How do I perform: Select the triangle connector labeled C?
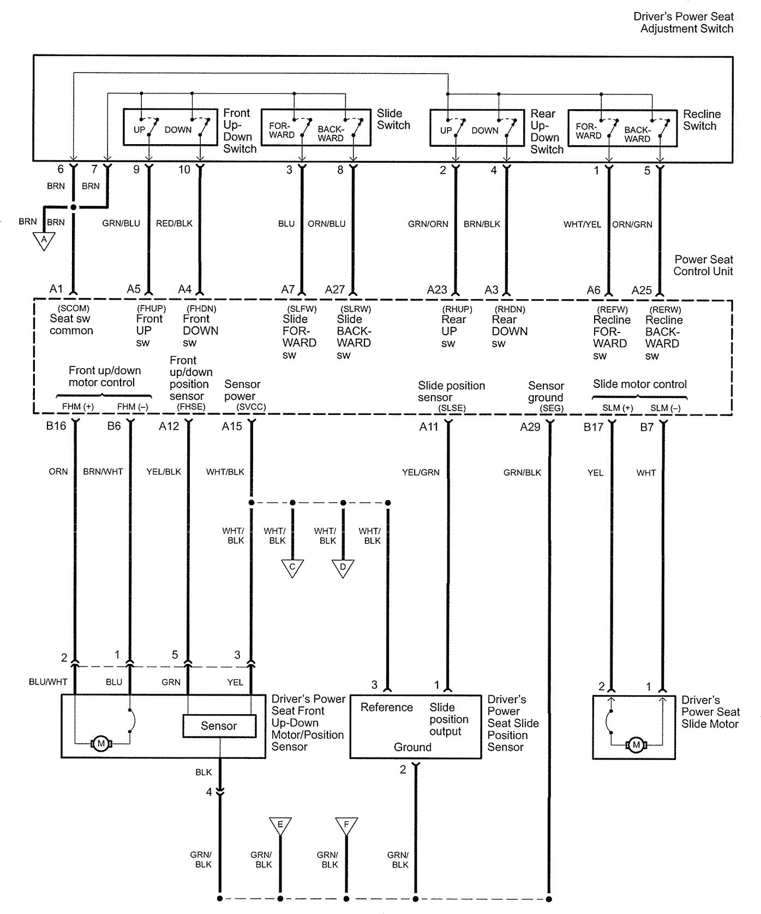pyautogui.click(x=292, y=567)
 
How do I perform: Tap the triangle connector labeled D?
pyautogui.click(x=343, y=567)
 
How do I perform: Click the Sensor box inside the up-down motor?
pyautogui.click(x=219, y=726)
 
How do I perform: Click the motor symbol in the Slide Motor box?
pyautogui.click(x=636, y=745)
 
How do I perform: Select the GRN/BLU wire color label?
pyautogui.click(x=121, y=223)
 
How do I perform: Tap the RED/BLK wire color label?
pyautogui.click(x=174, y=223)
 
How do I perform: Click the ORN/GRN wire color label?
pyautogui.click(x=632, y=224)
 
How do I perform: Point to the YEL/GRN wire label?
pyautogui.click(x=421, y=472)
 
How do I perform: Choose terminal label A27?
pyautogui.click(x=335, y=289)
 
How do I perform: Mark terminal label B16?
pyautogui.click(x=56, y=426)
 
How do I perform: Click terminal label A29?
pyautogui.click(x=530, y=427)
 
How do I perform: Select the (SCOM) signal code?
pyautogui.click(x=73, y=308)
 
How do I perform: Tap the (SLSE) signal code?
pyautogui.click(x=452, y=408)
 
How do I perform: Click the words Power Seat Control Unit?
pyautogui.click(x=703, y=265)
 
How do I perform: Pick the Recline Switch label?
pyautogui.click(x=702, y=120)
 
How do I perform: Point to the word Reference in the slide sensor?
pyautogui.click(x=387, y=707)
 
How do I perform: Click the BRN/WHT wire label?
pyautogui.click(x=103, y=472)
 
